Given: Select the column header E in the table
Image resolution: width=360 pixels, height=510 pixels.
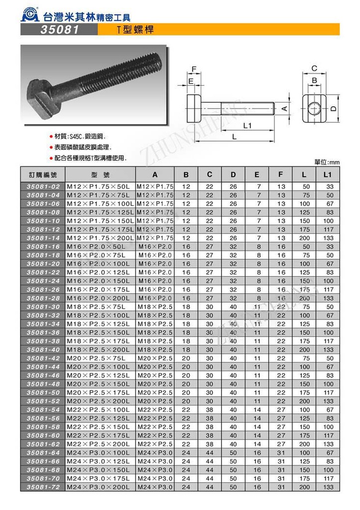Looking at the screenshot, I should click(x=257, y=175).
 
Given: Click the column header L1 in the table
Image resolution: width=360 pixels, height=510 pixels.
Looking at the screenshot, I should click(x=327, y=175).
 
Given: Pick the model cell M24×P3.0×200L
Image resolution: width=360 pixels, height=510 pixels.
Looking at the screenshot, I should click(x=99, y=487).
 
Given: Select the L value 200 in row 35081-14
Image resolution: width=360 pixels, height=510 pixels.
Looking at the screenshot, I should click(x=304, y=238).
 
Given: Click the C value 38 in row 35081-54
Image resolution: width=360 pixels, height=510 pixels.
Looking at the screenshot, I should click(x=210, y=409).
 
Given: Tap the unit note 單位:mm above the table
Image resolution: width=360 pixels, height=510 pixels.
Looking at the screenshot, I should click(x=327, y=162).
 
